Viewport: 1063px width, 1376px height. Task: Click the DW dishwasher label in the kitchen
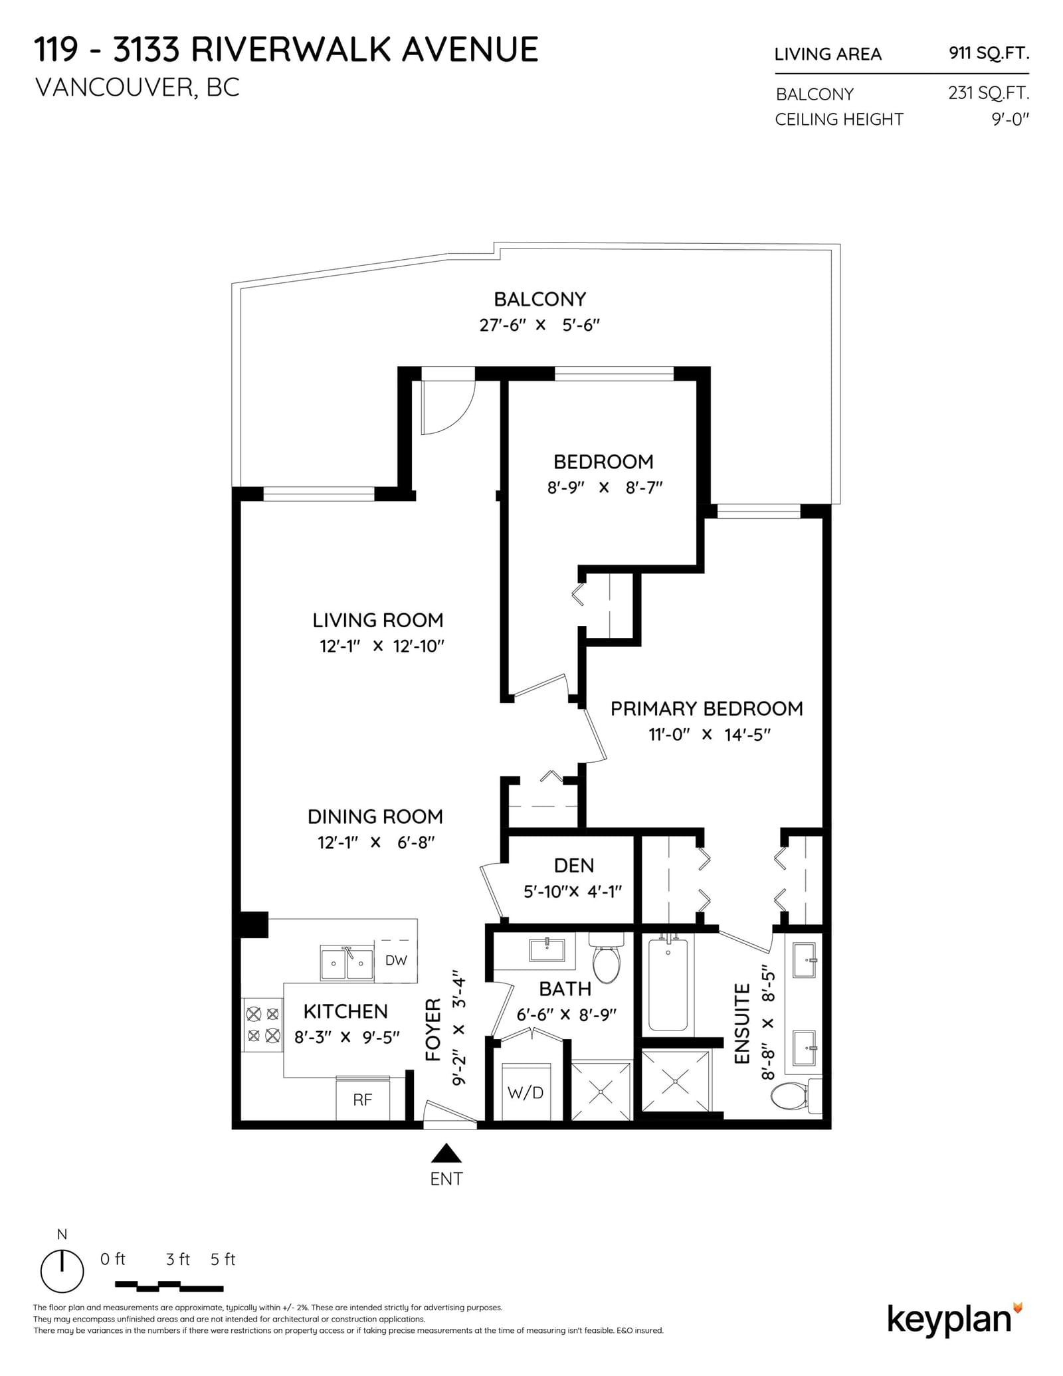point(396,960)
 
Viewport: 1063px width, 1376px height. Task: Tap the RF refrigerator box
point(363,1100)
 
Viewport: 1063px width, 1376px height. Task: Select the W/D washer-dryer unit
point(526,1092)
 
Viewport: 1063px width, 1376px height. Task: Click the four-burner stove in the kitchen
point(263,1025)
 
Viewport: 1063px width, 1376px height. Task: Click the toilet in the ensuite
point(797,1096)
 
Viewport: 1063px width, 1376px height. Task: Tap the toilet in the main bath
point(606,957)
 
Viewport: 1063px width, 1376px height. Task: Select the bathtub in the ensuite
point(668,982)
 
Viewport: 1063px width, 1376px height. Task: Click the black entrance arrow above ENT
point(446,1153)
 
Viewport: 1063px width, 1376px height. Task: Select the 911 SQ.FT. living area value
point(989,53)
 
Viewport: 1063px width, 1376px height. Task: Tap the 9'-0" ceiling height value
point(1011,120)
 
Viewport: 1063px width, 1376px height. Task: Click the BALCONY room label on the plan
point(539,299)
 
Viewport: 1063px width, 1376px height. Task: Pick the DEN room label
point(574,865)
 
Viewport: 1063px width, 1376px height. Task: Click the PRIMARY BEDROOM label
point(706,708)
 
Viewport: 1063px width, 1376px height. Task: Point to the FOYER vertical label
point(433,1029)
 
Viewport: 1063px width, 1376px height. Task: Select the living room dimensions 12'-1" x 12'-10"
point(382,646)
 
